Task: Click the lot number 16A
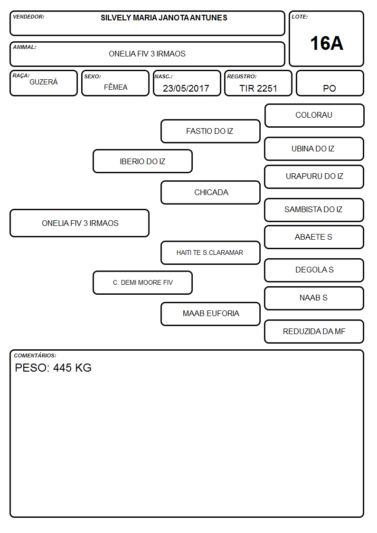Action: click(326, 43)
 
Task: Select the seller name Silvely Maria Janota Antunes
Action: click(164, 18)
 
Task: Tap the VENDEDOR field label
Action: click(28, 17)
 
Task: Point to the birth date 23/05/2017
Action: click(186, 88)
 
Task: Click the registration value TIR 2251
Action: click(258, 88)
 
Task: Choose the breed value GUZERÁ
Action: click(44, 82)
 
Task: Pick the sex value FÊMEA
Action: click(115, 87)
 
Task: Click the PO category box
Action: click(330, 83)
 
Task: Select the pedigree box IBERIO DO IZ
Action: click(142, 161)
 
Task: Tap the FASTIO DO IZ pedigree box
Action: click(210, 131)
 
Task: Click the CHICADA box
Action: click(210, 192)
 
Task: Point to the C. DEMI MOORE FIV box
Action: click(142, 282)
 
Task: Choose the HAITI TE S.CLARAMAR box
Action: click(210, 252)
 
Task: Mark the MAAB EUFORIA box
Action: click(210, 314)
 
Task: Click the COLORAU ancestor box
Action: click(314, 116)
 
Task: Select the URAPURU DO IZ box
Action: click(314, 177)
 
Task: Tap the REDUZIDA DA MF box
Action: click(314, 331)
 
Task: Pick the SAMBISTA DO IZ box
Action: click(314, 210)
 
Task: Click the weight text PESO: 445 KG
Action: click(53, 368)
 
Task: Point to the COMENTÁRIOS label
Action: click(35, 355)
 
